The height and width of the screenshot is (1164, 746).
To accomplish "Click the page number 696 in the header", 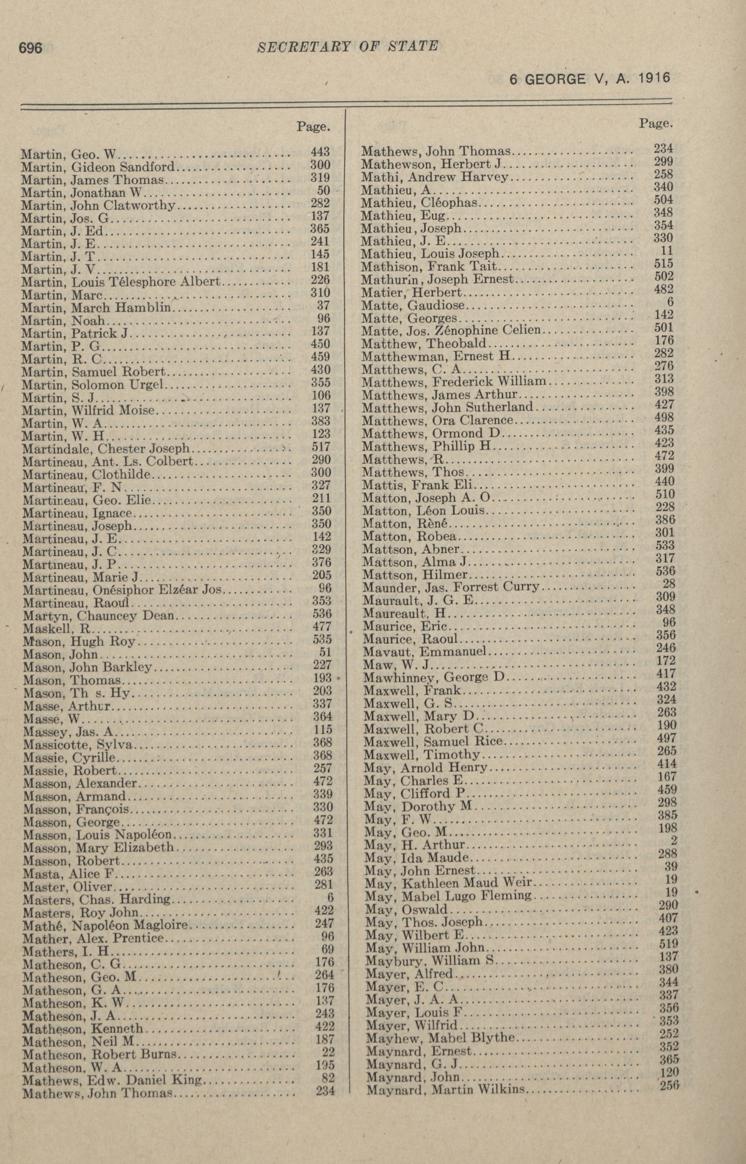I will coord(31,48).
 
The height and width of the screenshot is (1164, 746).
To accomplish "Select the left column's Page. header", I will coord(313,127).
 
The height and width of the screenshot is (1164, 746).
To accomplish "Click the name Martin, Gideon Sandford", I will coord(98,167).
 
